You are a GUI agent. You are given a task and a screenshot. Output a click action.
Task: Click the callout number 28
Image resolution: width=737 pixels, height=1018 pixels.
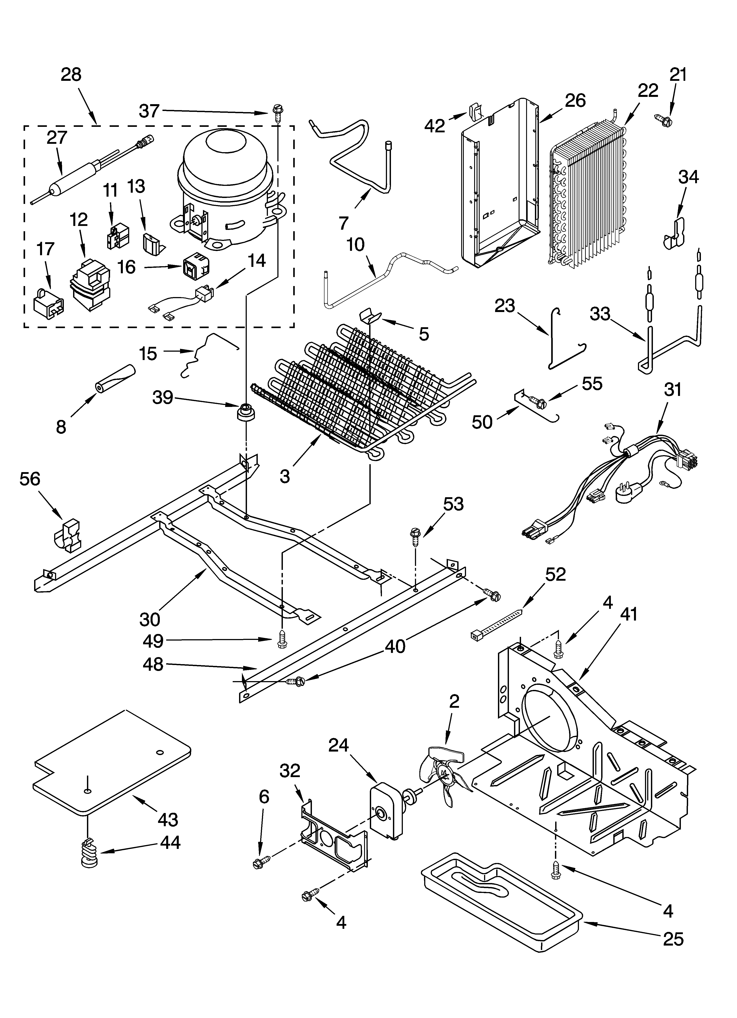tap(71, 74)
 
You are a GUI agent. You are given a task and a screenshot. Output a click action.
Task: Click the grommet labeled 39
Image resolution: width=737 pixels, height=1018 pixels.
tap(245, 412)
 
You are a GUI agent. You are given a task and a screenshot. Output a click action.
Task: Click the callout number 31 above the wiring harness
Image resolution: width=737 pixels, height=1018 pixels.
tap(672, 389)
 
